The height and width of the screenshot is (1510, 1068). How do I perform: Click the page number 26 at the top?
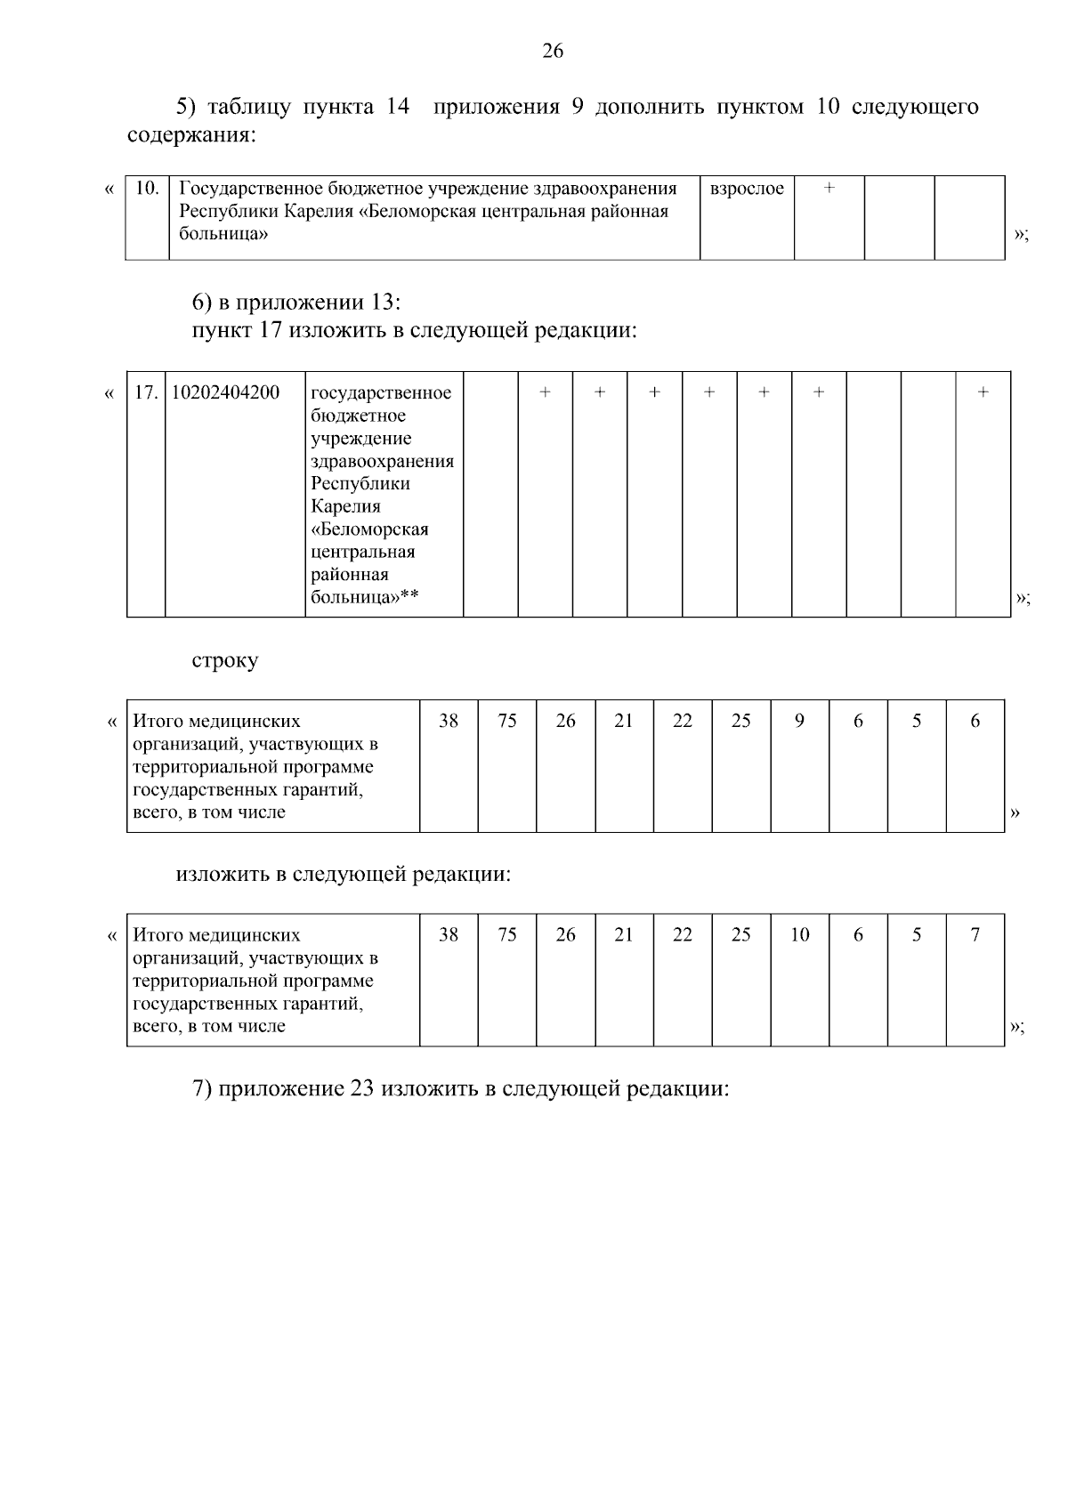point(553,52)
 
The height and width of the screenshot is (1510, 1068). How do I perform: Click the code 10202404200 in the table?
point(225,392)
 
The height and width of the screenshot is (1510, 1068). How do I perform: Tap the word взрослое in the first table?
point(747,189)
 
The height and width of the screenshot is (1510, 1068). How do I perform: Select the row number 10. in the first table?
point(147,189)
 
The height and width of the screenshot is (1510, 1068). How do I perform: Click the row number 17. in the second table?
point(146,392)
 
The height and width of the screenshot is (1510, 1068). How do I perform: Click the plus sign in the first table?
point(829,189)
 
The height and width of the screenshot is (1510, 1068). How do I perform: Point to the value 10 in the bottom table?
point(799,934)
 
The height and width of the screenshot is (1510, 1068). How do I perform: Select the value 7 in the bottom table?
point(975,934)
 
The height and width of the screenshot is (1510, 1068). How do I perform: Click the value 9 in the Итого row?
point(799,721)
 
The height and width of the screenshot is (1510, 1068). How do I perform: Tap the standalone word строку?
point(225,661)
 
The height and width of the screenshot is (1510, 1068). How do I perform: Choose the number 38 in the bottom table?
point(449,934)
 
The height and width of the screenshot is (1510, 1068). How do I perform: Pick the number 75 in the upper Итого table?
point(507,721)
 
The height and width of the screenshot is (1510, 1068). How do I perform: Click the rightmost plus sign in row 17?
point(983,392)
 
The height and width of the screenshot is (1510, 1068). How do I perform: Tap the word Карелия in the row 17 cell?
point(346,506)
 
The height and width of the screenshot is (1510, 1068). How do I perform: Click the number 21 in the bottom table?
point(624,934)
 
